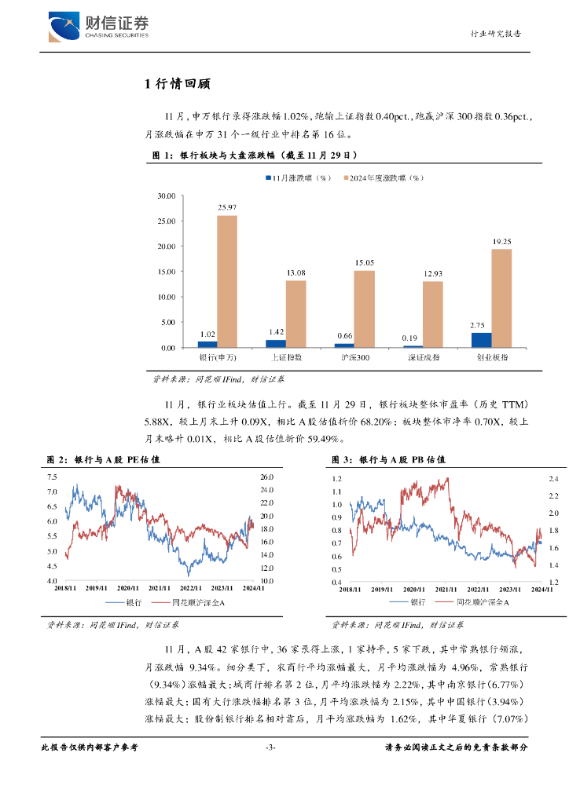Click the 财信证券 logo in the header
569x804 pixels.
tap(98, 27)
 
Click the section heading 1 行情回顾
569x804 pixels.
tap(177, 85)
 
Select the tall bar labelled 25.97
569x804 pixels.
tap(227, 281)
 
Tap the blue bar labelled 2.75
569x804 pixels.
tap(481, 340)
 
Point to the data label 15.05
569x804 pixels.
tap(364, 263)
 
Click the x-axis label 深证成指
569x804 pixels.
tap(423, 356)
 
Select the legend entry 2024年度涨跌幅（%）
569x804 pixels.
tap(384, 178)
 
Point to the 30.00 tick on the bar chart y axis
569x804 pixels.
tap(165, 196)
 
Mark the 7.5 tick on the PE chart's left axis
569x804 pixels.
tap(52, 477)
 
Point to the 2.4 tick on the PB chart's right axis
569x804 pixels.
tap(552, 478)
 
